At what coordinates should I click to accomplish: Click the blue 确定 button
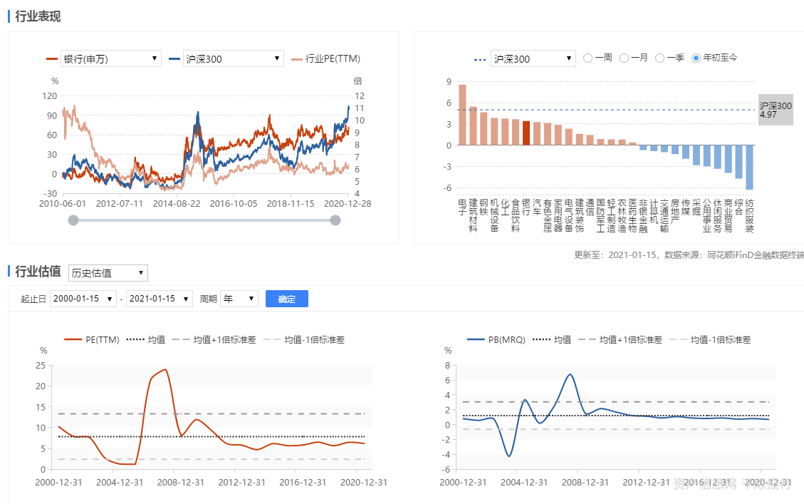tap(286, 299)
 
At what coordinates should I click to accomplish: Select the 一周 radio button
tap(588, 58)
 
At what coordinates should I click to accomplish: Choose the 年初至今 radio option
tap(696, 58)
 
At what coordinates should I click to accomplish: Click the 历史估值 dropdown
tap(108, 272)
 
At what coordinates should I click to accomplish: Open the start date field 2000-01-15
tap(83, 299)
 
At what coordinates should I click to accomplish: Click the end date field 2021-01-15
tap(159, 299)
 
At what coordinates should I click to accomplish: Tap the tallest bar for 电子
tap(462, 115)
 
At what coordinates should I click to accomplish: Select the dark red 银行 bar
tap(526, 133)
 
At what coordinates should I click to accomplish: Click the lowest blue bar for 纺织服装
tap(749, 168)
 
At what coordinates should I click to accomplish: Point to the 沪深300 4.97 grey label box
tap(775, 110)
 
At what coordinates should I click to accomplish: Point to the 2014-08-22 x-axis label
tap(177, 203)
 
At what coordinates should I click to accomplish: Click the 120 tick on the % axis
tap(50, 96)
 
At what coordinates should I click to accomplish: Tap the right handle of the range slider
tap(335, 220)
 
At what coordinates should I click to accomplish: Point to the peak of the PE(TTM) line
tap(165, 369)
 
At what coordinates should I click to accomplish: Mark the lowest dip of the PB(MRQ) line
tap(509, 456)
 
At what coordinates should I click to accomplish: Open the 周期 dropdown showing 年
tap(239, 299)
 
